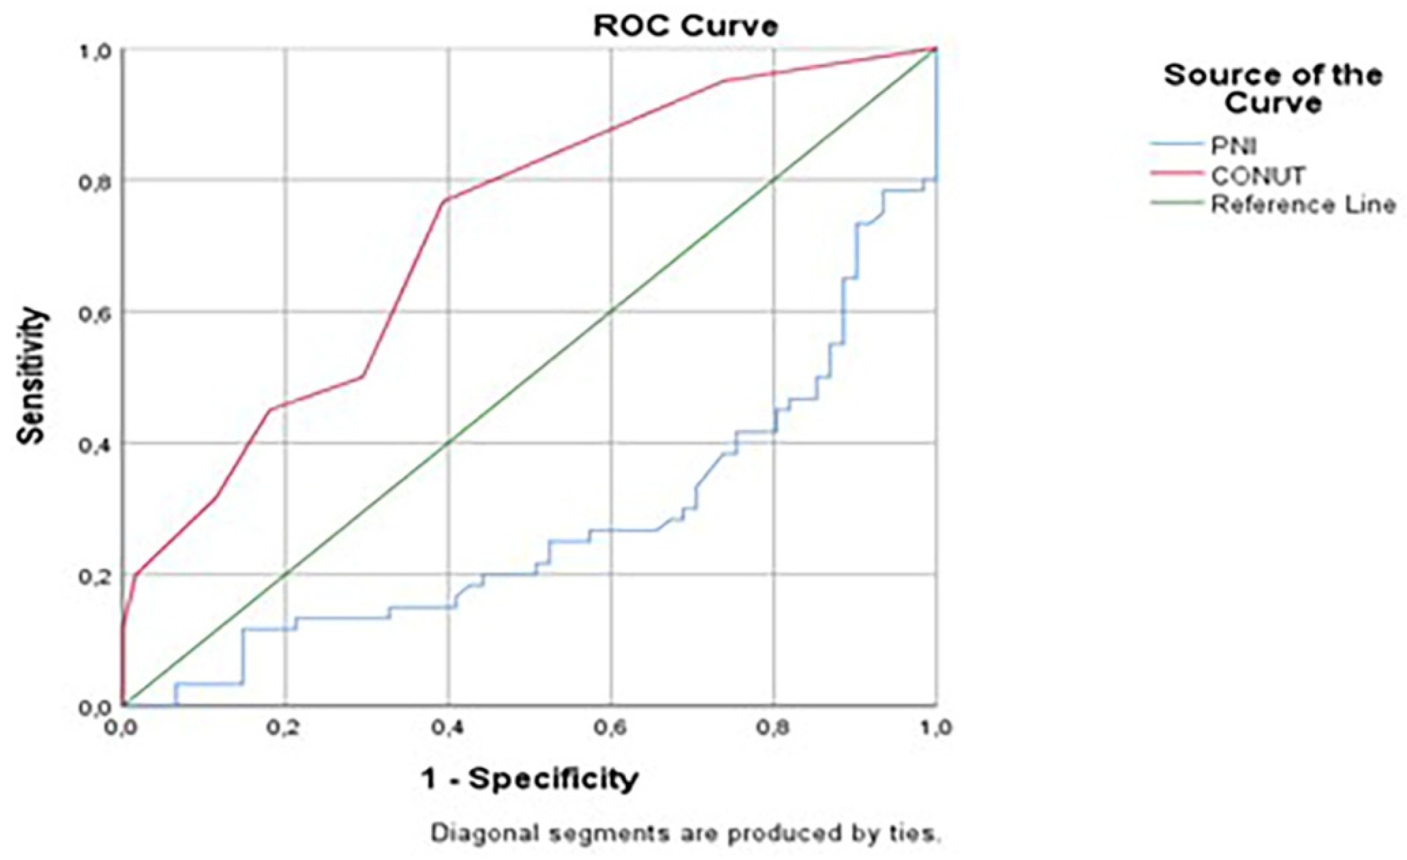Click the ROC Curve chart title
pos(685,27)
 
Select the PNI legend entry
pos(1234,147)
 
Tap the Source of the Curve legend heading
pos(1273,89)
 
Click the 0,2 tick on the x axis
pos(284,729)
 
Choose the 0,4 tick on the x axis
pos(447,729)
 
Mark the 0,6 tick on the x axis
pos(610,729)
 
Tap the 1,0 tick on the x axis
pos(935,729)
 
